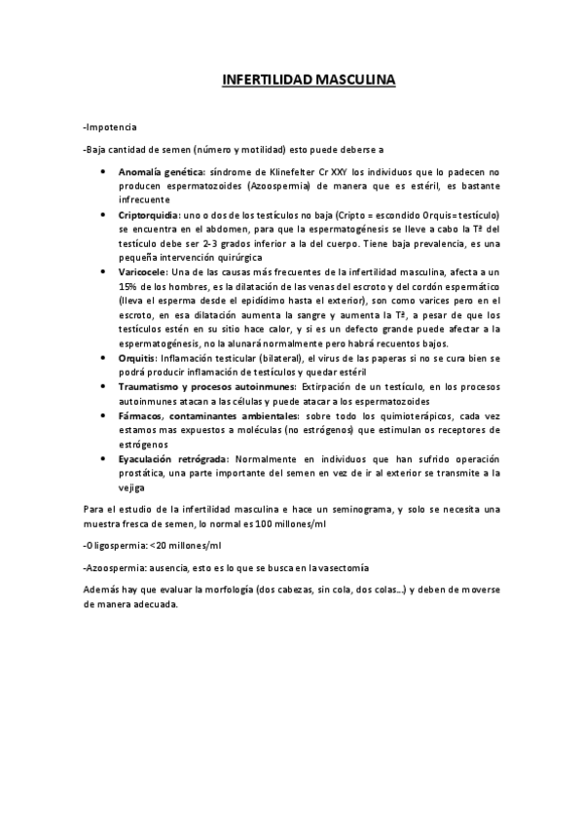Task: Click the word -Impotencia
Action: click(x=110, y=127)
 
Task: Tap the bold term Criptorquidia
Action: click(x=150, y=214)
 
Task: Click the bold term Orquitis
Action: click(x=137, y=358)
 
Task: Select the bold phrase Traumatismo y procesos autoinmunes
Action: click(x=200, y=387)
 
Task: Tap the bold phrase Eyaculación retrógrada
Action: click(x=172, y=458)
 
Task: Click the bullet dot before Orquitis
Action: click(x=104, y=358)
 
